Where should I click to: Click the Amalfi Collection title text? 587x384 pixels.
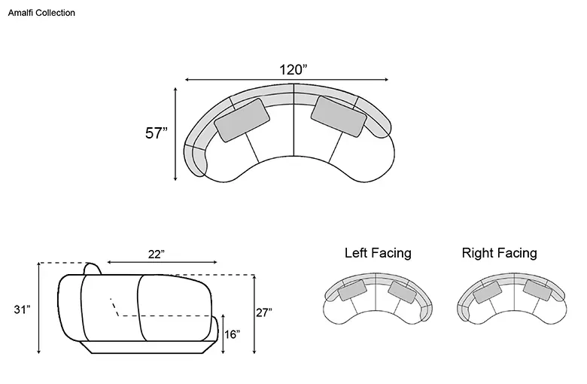pyautogui.click(x=41, y=13)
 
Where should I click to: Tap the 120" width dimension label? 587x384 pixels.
pyautogui.click(x=293, y=70)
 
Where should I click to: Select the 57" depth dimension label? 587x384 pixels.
pyautogui.click(x=156, y=133)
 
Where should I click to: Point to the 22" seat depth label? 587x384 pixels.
pyautogui.click(x=156, y=254)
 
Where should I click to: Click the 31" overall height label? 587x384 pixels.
pyautogui.click(x=22, y=309)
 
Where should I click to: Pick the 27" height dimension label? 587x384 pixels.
pyautogui.click(x=264, y=312)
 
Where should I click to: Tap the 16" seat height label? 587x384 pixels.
pyautogui.click(x=232, y=334)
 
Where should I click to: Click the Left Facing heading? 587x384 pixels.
pyautogui.click(x=378, y=253)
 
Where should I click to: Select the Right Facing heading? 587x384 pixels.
pyautogui.click(x=500, y=253)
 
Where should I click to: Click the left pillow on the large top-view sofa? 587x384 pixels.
pyautogui.click(x=242, y=120)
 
